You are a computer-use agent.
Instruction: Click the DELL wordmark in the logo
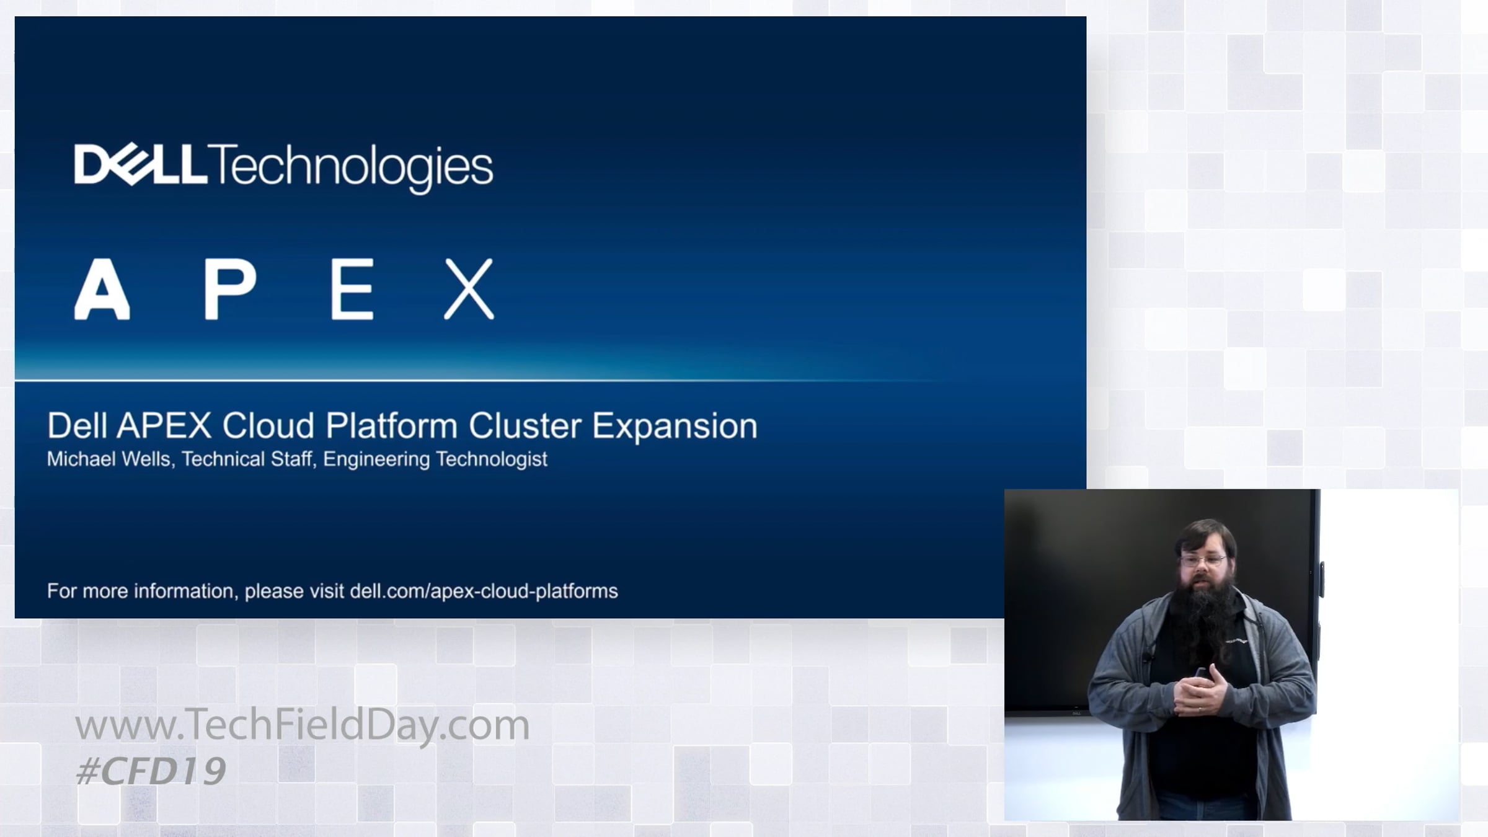point(141,164)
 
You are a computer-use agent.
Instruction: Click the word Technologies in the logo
point(351,168)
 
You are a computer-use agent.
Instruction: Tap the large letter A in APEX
point(102,290)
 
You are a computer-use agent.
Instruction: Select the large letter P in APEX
point(230,290)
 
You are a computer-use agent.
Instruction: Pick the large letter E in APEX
point(352,290)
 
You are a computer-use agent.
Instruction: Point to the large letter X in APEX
point(469,290)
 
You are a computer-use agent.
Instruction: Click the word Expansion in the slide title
point(675,427)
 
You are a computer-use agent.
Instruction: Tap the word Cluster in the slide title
point(525,426)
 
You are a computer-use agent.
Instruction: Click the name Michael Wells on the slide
point(110,459)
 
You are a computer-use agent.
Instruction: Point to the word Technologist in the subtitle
point(492,459)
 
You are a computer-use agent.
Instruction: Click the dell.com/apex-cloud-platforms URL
point(484,591)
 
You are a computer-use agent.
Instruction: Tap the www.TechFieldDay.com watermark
point(303,725)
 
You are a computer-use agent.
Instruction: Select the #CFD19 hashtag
point(151,771)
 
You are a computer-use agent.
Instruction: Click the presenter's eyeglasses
point(1203,561)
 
